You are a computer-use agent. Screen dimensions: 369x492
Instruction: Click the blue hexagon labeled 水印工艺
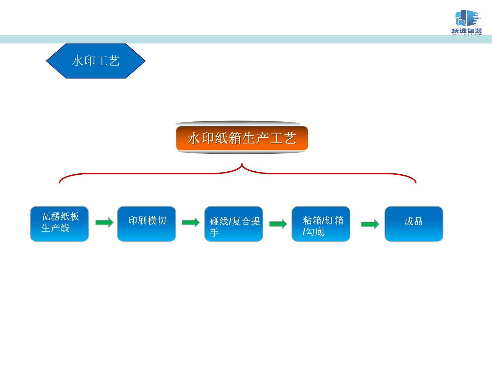pos(96,61)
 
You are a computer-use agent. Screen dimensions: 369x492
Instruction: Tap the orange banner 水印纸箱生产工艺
pos(242,138)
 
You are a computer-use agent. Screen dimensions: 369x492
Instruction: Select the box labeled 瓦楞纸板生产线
pos(59,224)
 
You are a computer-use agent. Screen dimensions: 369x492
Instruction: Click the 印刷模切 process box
pos(146,224)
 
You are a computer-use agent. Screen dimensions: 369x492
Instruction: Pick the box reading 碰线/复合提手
pos(234,224)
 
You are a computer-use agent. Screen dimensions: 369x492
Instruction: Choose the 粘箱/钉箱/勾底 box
pos(321,224)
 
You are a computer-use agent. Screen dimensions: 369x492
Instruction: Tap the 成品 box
pos(414,224)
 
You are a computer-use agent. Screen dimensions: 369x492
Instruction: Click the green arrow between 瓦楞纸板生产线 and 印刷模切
pos(104,222)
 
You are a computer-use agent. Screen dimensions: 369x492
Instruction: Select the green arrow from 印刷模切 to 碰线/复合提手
pos(190,222)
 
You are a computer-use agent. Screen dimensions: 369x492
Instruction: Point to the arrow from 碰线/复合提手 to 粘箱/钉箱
pos(278,224)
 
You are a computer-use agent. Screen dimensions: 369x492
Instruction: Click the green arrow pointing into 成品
pos(370,224)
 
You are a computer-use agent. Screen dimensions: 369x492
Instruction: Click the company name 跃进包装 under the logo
pos(466,30)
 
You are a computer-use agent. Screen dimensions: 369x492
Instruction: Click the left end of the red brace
pos(60,182)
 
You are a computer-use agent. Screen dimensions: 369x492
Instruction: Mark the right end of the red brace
pos(415,182)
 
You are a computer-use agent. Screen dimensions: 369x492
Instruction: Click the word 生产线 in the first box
pos(56,228)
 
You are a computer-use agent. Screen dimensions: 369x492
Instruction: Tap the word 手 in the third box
pos(214,232)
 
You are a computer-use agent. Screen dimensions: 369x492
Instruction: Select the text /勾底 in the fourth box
pos(313,232)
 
